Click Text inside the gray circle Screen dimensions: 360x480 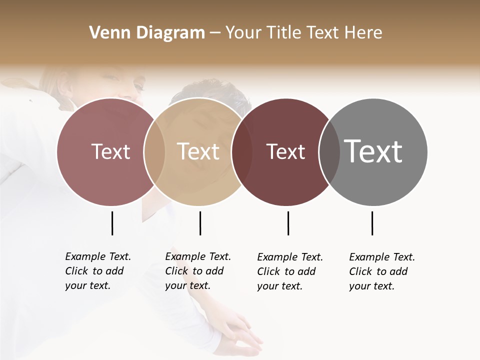tap(373, 151)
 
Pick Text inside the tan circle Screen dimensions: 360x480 tap(198, 151)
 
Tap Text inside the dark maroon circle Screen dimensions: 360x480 tap(286, 151)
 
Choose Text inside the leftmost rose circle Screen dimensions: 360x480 tap(110, 151)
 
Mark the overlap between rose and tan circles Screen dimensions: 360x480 tap(154, 152)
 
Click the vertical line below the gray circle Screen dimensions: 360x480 tap(372, 223)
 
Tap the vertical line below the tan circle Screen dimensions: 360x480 tap(200, 223)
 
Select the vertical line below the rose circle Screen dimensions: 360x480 tap(112, 223)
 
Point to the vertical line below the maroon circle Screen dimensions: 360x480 tap(288, 223)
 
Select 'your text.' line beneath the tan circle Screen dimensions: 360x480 tap(187, 285)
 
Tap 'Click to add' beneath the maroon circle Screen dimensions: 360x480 tap(286, 271)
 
